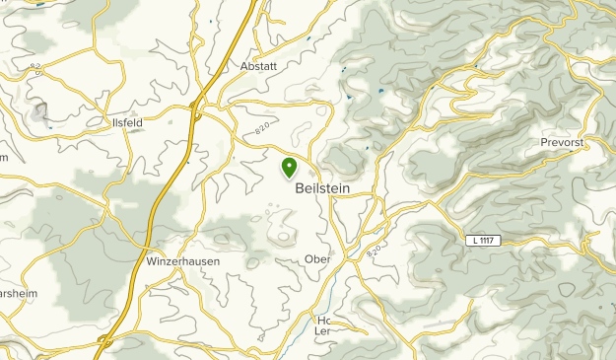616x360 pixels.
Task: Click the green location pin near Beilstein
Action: [289, 168]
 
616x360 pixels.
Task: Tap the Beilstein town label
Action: [322, 190]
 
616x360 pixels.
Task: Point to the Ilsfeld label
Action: [128, 122]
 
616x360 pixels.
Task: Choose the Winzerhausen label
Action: [182, 261]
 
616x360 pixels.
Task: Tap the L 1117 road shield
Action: [483, 242]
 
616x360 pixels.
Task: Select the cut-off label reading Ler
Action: [322, 331]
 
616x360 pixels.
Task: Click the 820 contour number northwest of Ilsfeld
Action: [37, 68]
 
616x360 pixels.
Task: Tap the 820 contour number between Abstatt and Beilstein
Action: [262, 128]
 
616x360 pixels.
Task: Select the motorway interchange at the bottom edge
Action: [103, 342]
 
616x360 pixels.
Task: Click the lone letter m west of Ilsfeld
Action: [4, 156]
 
